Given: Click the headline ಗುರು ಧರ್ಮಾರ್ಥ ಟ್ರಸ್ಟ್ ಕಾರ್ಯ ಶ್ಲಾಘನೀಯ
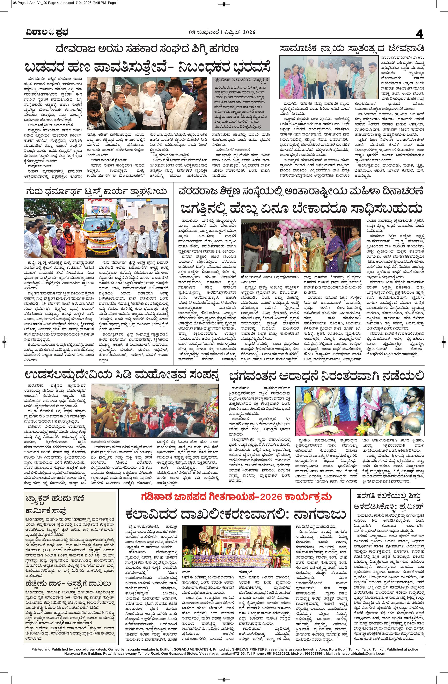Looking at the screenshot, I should [x=96, y=191].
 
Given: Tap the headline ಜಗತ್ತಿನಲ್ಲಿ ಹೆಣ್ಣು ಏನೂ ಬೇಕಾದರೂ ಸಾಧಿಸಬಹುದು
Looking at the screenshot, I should [x=301, y=208].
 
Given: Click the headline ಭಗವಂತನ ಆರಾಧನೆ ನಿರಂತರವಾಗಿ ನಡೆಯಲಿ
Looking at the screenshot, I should [x=326, y=376].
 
